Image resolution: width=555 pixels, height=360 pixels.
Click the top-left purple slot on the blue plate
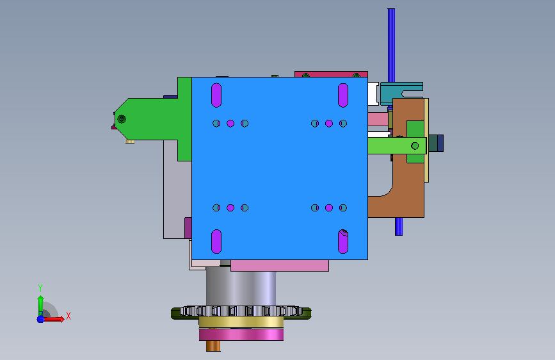click(216, 95)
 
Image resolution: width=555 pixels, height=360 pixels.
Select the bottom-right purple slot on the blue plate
click(343, 241)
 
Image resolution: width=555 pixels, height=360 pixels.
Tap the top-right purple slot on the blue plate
click(343, 95)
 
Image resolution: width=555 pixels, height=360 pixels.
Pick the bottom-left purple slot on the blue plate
click(216, 241)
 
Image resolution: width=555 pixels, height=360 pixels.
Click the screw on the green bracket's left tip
click(122, 119)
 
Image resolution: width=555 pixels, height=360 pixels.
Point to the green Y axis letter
click(40, 288)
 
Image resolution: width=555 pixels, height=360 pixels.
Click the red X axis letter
click(68, 316)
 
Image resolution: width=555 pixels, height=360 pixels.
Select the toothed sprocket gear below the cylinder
click(241, 312)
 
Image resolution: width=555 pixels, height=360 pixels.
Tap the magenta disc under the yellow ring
click(241, 334)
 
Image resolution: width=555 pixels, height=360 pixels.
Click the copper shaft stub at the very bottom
click(213, 346)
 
